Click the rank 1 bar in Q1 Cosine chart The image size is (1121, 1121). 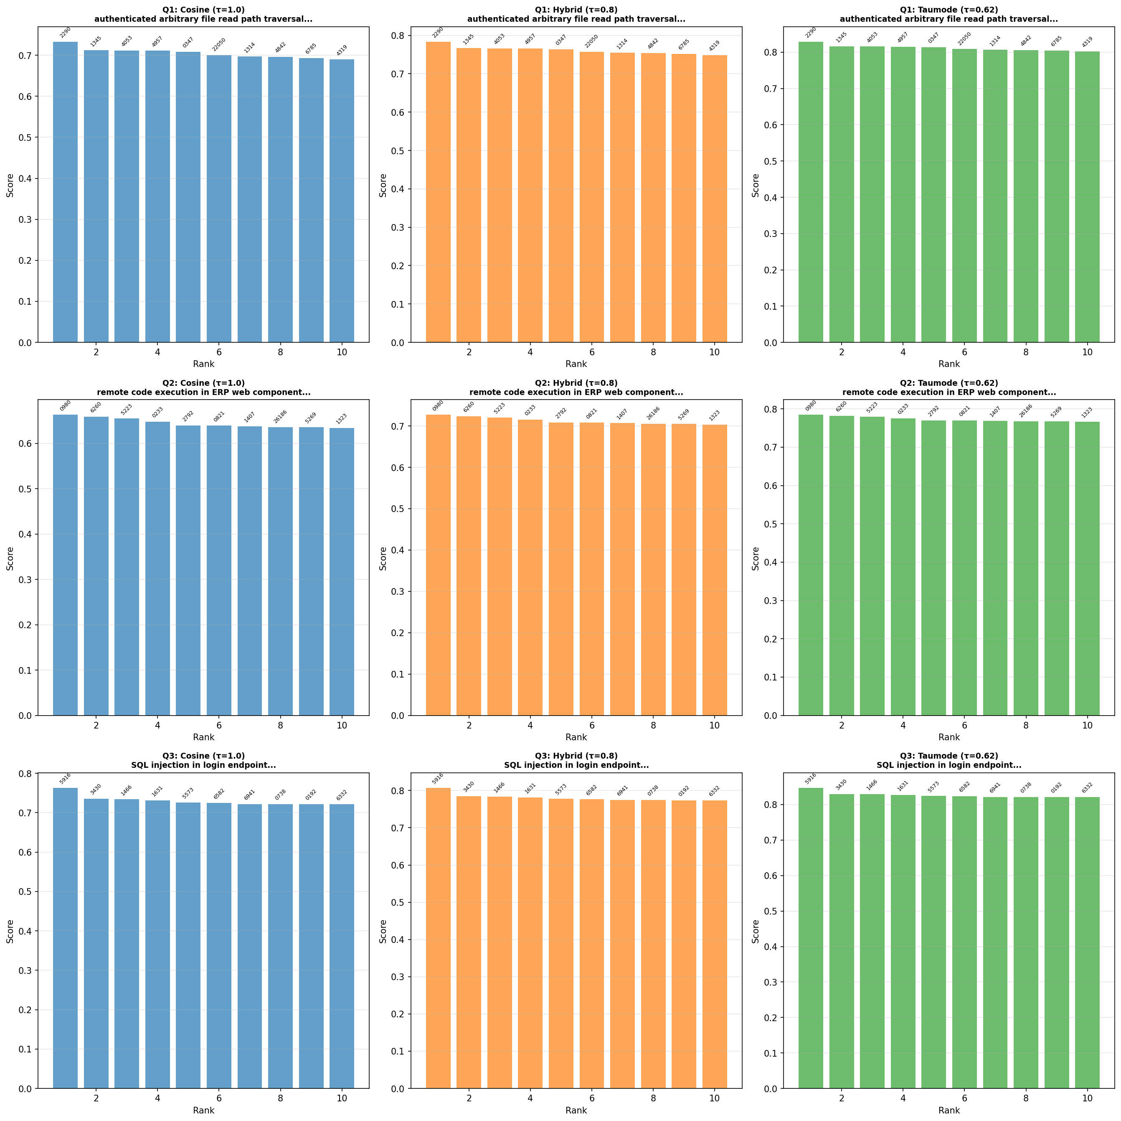coord(65,191)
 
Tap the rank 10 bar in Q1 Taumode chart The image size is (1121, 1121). coord(1087,197)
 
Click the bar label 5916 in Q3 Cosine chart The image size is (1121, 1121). coord(65,779)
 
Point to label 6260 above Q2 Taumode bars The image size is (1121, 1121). coord(841,408)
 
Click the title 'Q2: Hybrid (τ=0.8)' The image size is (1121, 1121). coord(576,383)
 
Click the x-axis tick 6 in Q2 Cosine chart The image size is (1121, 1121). coord(219,725)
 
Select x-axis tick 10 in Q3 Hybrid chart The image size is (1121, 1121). coord(714,1098)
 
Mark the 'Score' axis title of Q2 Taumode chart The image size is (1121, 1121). coord(756,558)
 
